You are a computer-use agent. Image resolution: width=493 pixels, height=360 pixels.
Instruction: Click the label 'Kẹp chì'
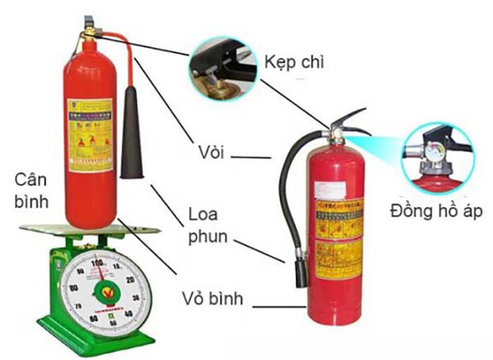pos(294,63)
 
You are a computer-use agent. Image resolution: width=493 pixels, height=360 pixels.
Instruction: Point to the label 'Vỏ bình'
pos(211,299)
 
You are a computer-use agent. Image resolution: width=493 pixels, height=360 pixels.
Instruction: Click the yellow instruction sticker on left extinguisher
pos(89,135)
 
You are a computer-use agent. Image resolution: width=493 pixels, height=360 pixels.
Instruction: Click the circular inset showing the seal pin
pos(223,66)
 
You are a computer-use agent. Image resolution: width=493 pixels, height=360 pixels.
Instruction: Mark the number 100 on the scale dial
pos(98,263)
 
